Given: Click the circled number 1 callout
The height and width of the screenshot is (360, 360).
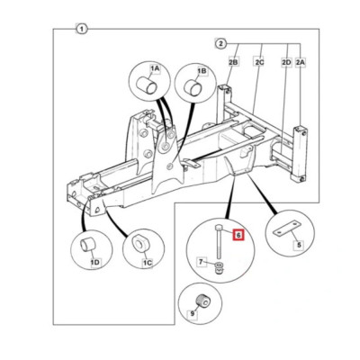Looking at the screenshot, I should tap(82, 30).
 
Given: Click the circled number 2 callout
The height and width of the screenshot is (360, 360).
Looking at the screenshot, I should tap(220, 42).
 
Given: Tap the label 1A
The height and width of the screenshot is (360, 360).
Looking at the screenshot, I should tap(154, 68).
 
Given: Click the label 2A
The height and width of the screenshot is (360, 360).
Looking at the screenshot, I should tap(300, 61).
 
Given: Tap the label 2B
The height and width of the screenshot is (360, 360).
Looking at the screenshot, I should tap(233, 61).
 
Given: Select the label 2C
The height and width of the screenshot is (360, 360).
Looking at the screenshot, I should tap(259, 61).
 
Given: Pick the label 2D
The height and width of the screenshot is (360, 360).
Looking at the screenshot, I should tap(285, 61).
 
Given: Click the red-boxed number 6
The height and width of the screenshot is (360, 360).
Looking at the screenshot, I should tap(238, 235).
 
